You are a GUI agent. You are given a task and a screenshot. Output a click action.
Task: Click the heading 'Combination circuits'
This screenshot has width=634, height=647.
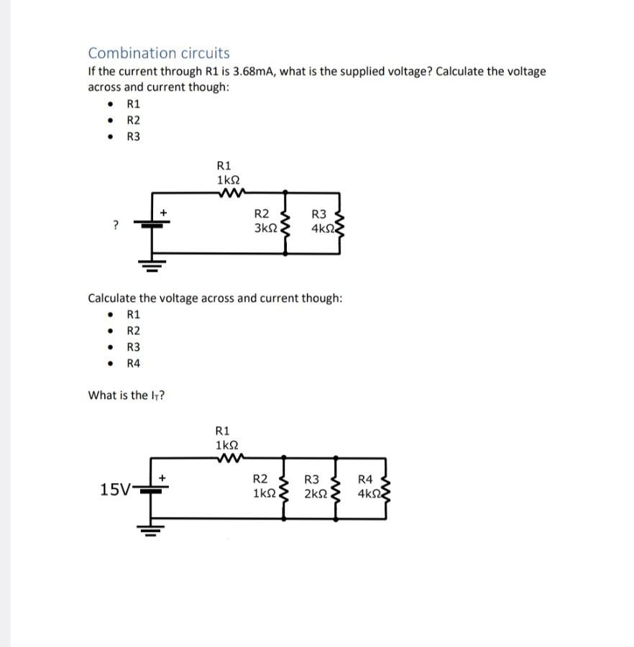(159, 53)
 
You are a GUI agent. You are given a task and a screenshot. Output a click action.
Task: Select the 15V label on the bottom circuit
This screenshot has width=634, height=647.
(116, 490)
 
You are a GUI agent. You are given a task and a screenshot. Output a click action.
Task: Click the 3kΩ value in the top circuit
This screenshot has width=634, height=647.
(265, 228)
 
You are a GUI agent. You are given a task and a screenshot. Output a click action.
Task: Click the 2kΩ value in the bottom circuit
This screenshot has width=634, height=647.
(316, 494)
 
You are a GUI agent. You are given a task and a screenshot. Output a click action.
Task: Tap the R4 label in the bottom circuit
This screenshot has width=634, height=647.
(365, 479)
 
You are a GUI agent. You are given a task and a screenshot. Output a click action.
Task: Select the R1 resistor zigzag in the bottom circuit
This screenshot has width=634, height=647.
(233, 457)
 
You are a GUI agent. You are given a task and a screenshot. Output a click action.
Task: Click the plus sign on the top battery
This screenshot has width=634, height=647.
(163, 213)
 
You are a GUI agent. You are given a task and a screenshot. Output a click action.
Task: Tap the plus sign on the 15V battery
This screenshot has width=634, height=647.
(163, 477)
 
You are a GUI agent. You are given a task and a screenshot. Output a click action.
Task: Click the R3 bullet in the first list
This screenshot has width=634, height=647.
(134, 137)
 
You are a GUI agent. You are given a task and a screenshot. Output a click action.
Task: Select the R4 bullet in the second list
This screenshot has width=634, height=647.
(134, 363)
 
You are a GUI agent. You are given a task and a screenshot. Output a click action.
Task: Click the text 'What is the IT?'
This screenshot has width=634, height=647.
(127, 395)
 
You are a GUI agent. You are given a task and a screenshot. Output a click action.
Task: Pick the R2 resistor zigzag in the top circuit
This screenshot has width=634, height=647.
(288, 224)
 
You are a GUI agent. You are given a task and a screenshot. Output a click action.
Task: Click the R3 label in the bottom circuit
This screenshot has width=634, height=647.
(312, 479)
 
